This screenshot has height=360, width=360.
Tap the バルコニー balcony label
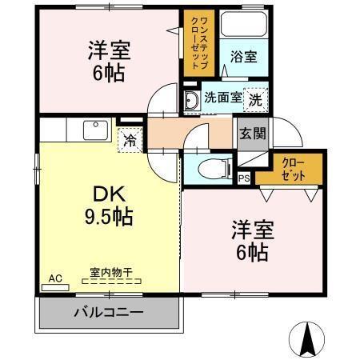(109, 311)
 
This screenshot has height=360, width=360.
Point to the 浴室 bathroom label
(243, 58)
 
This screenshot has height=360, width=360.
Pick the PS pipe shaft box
(243, 178)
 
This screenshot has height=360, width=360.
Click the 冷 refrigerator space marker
(129, 141)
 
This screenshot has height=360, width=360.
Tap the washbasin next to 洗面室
(191, 100)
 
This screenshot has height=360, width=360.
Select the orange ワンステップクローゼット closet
(195, 44)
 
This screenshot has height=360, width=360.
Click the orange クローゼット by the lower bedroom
(289, 168)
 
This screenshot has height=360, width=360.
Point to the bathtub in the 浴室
(244, 28)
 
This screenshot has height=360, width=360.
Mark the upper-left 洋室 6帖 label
(109, 60)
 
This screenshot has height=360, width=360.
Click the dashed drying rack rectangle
(112, 282)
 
